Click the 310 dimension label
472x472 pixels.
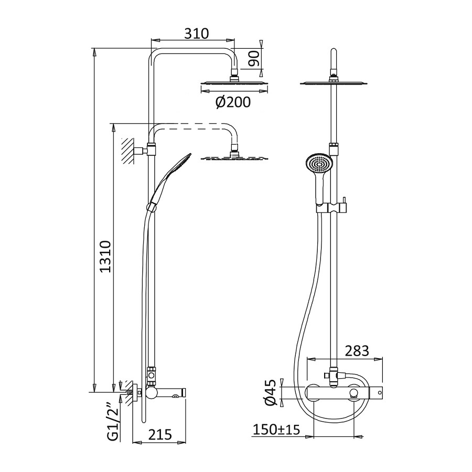(196, 34)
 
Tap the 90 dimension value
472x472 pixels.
(254, 58)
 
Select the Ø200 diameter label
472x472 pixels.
(233, 103)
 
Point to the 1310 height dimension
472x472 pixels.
(105, 256)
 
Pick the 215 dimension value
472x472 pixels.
(159, 434)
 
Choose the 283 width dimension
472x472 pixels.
(357, 351)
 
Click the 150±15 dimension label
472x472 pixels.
(276, 430)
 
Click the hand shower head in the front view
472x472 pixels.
(319, 165)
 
